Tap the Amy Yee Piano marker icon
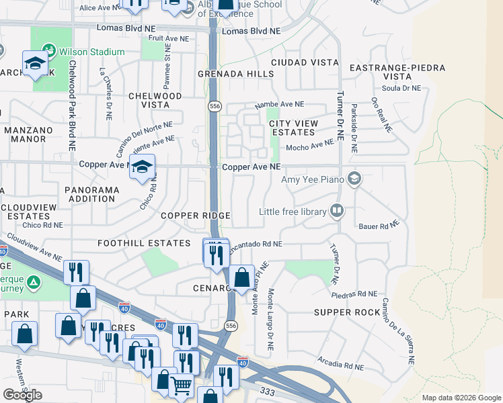(354, 179)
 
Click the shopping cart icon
(181, 386)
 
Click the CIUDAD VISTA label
(305, 62)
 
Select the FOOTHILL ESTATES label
(144, 243)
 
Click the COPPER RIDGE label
(196, 216)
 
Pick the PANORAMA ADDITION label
(91, 195)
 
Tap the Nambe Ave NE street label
(279, 105)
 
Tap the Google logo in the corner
(22, 395)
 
